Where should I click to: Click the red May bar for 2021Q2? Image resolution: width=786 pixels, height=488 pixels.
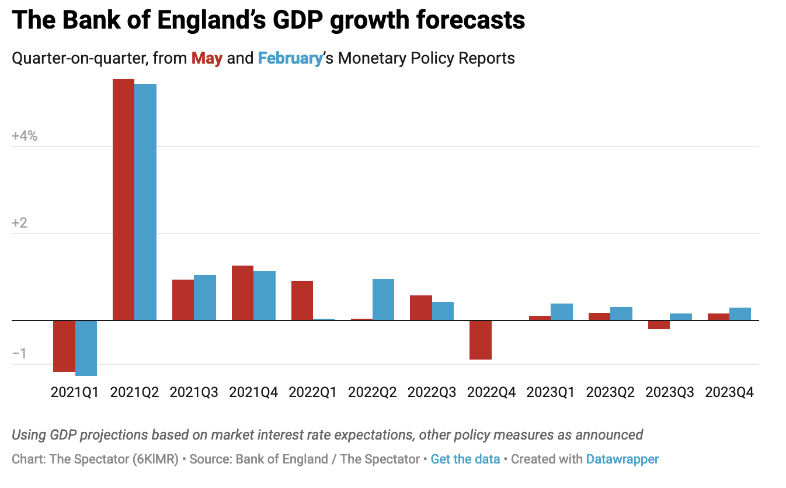coord(123,199)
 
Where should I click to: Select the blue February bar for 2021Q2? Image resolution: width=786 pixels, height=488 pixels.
coord(145,202)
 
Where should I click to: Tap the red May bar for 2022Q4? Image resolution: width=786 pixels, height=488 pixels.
coord(480,340)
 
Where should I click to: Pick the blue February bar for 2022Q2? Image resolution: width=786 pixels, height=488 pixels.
coord(383,299)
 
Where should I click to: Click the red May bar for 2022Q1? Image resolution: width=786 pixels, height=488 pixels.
coord(302,300)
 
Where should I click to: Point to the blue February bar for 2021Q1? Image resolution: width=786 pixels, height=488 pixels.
coord(86,348)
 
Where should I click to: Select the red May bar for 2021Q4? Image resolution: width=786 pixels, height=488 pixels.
coord(242,292)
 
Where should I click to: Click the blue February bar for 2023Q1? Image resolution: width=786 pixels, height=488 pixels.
coord(562,312)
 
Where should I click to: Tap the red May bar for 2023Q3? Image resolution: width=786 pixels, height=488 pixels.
coord(659,325)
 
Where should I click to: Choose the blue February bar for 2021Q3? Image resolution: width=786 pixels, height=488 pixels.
coord(205,297)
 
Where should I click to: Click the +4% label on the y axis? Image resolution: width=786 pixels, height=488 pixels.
coord(25,136)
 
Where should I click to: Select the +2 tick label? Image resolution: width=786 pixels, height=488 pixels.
coord(20,224)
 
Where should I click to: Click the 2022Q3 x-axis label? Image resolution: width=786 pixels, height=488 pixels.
coord(432,392)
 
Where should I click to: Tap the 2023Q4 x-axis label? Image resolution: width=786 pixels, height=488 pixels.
coord(729,392)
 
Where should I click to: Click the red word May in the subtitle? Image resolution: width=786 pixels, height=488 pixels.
coord(207,58)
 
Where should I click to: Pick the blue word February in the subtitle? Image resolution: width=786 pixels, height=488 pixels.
coord(290,58)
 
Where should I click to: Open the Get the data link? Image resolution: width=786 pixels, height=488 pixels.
coord(465,459)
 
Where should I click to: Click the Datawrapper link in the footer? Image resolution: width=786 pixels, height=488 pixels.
coord(622,459)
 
